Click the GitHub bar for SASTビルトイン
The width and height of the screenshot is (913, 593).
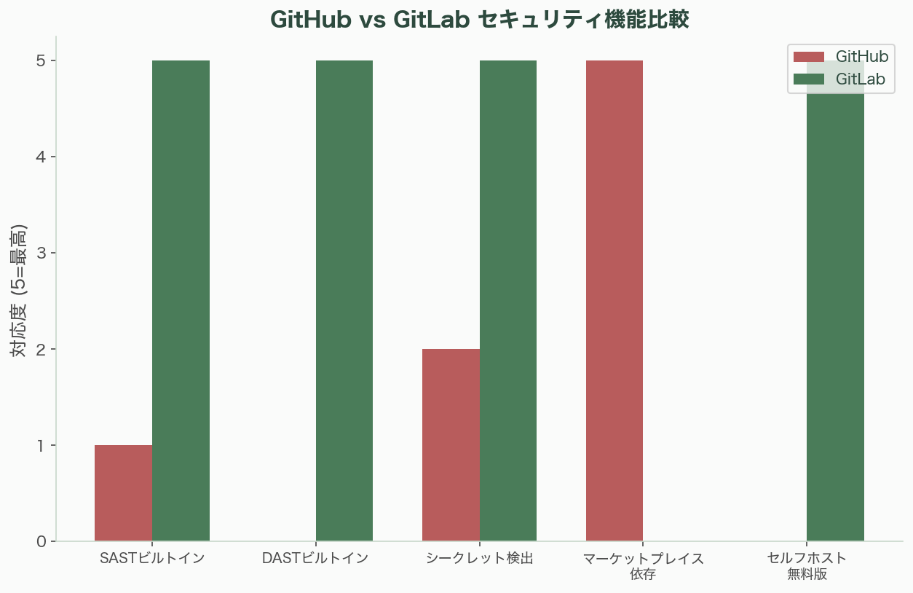tap(124, 493)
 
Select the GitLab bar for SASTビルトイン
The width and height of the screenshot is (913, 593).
tap(181, 301)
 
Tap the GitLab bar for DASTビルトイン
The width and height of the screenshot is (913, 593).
tap(344, 301)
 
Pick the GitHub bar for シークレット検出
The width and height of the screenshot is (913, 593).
tap(451, 445)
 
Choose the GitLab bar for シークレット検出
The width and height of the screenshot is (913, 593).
tap(508, 301)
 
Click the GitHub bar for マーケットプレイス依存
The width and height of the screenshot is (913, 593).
tap(614, 301)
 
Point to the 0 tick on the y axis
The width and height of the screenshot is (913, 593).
tap(41, 542)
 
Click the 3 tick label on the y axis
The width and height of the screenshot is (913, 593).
tap(41, 254)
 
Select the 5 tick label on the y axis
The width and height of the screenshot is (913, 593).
tap(41, 61)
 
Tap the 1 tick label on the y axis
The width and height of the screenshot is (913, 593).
tap(41, 446)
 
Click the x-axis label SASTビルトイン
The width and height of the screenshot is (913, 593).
tap(152, 559)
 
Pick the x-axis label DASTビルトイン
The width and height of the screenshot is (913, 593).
tap(315, 559)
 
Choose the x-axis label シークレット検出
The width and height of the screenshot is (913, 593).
tap(479, 559)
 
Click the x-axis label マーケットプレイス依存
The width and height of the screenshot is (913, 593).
tap(644, 566)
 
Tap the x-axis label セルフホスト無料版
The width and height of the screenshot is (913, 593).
tap(807, 566)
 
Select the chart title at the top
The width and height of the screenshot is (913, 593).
tap(479, 19)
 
